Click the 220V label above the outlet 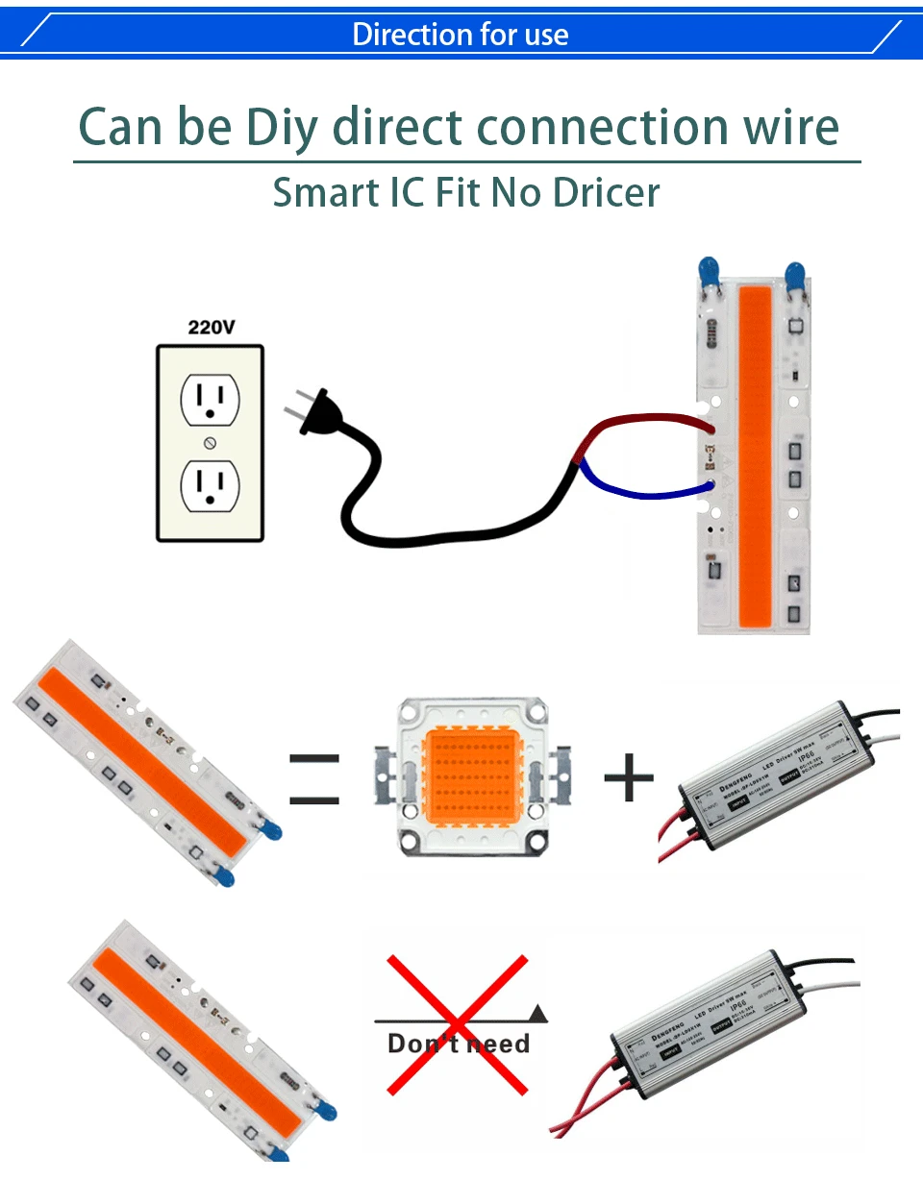pos(211,328)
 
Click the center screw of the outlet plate pos(210,443)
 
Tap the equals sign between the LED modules pos(314,778)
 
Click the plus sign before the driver pos(629,776)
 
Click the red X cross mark pos(458,1024)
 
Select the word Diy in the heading pos(281,127)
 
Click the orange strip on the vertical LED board pos(756,452)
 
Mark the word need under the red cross pos(493,1044)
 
